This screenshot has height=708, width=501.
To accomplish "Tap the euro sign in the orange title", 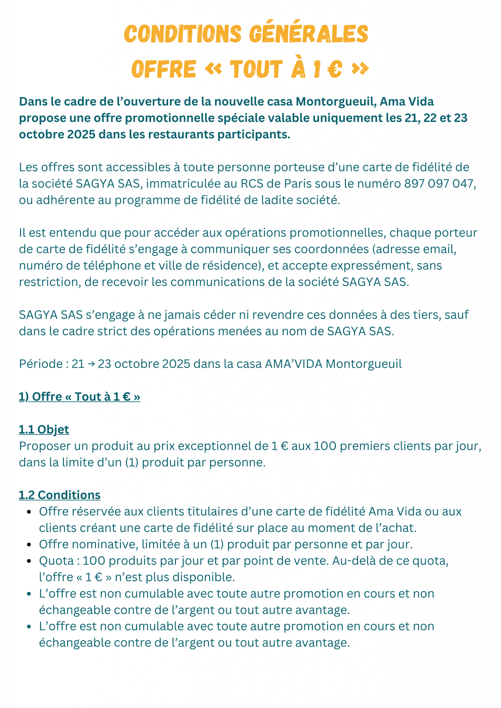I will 335,69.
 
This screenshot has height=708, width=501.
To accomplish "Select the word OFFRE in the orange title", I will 164,69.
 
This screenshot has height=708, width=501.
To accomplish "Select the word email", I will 439,249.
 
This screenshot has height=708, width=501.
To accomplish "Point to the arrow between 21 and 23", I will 91,364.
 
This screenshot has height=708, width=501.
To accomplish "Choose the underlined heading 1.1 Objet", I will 44,430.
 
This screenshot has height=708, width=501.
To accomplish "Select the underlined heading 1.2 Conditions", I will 60,495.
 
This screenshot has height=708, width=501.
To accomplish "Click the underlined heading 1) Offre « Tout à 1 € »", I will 79,397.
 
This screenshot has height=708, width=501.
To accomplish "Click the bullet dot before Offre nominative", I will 29,545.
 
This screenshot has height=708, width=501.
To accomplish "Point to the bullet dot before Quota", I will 29,561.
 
